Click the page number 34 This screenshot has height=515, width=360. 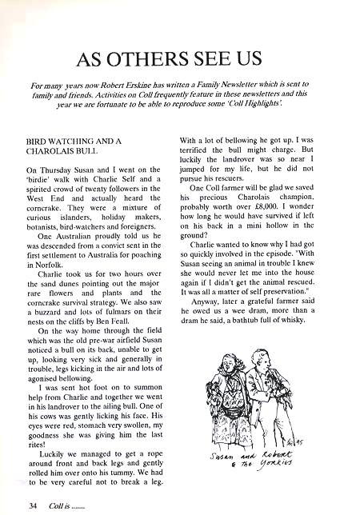click(32, 505)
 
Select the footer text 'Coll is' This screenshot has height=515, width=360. click(63, 505)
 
